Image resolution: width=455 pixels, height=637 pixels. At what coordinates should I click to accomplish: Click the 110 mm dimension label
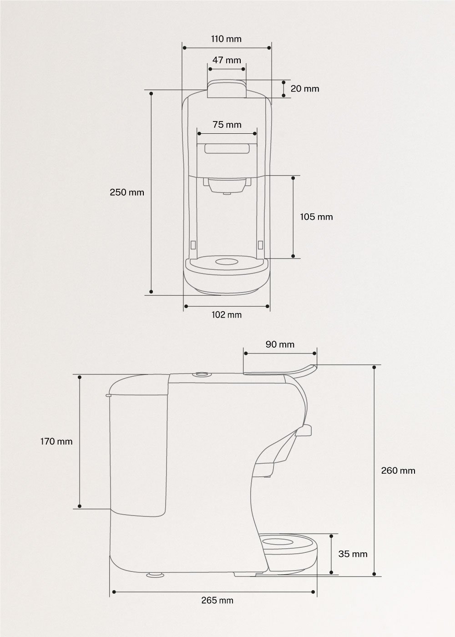click(226, 39)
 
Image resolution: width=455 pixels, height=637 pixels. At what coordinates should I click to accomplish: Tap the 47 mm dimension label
click(227, 61)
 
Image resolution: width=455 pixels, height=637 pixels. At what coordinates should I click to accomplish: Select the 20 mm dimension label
click(305, 89)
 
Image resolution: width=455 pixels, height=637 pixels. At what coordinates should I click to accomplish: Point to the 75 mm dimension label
click(227, 125)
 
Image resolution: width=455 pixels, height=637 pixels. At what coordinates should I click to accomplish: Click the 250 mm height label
click(127, 192)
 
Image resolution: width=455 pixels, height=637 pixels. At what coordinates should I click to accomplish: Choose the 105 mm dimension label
click(316, 217)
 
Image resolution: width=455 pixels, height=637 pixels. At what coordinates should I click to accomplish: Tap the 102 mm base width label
click(227, 315)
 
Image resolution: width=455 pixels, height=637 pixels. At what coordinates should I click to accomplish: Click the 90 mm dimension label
click(280, 344)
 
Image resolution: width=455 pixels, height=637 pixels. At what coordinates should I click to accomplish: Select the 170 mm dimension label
click(56, 441)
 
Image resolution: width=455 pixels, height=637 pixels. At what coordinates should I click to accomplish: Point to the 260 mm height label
click(398, 470)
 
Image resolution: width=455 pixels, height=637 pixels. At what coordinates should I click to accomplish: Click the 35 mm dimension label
click(353, 554)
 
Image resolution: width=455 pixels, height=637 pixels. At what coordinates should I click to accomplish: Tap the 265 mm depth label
click(217, 601)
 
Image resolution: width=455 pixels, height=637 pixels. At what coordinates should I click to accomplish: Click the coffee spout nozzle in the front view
click(227, 193)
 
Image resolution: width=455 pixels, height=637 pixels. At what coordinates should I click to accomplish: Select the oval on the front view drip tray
click(227, 262)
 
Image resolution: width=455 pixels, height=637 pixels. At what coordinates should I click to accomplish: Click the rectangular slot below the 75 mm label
click(227, 149)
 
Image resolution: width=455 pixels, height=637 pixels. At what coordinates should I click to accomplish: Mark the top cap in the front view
click(227, 89)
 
